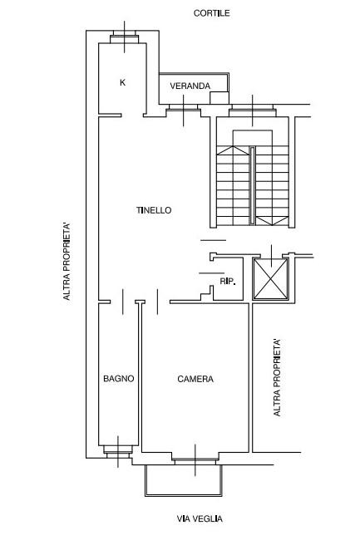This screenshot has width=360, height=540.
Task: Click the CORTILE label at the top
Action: [x=211, y=13]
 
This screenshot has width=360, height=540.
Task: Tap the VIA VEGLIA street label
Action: [x=200, y=518]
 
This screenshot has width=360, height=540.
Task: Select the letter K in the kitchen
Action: [x=122, y=82]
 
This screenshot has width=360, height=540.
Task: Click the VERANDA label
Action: [x=190, y=86]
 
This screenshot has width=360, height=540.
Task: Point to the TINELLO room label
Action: [x=154, y=210]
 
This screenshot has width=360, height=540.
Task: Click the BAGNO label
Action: [x=119, y=379]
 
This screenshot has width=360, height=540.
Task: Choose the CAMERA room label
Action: [x=195, y=379]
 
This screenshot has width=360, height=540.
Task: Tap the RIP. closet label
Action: [x=228, y=282]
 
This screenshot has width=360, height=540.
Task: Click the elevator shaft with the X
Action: [x=271, y=278]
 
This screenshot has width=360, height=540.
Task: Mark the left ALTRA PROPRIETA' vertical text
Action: [x=67, y=262]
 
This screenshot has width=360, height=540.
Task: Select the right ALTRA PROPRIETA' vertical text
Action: [x=277, y=378]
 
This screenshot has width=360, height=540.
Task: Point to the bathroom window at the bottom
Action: [x=118, y=451]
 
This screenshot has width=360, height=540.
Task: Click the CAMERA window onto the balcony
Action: [x=195, y=459]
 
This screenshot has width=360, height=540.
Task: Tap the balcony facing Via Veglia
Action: [x=184, y=480]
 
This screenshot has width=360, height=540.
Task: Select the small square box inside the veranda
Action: [x=219, y=98]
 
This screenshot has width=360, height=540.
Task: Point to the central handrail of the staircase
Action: [x=253, y=186]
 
